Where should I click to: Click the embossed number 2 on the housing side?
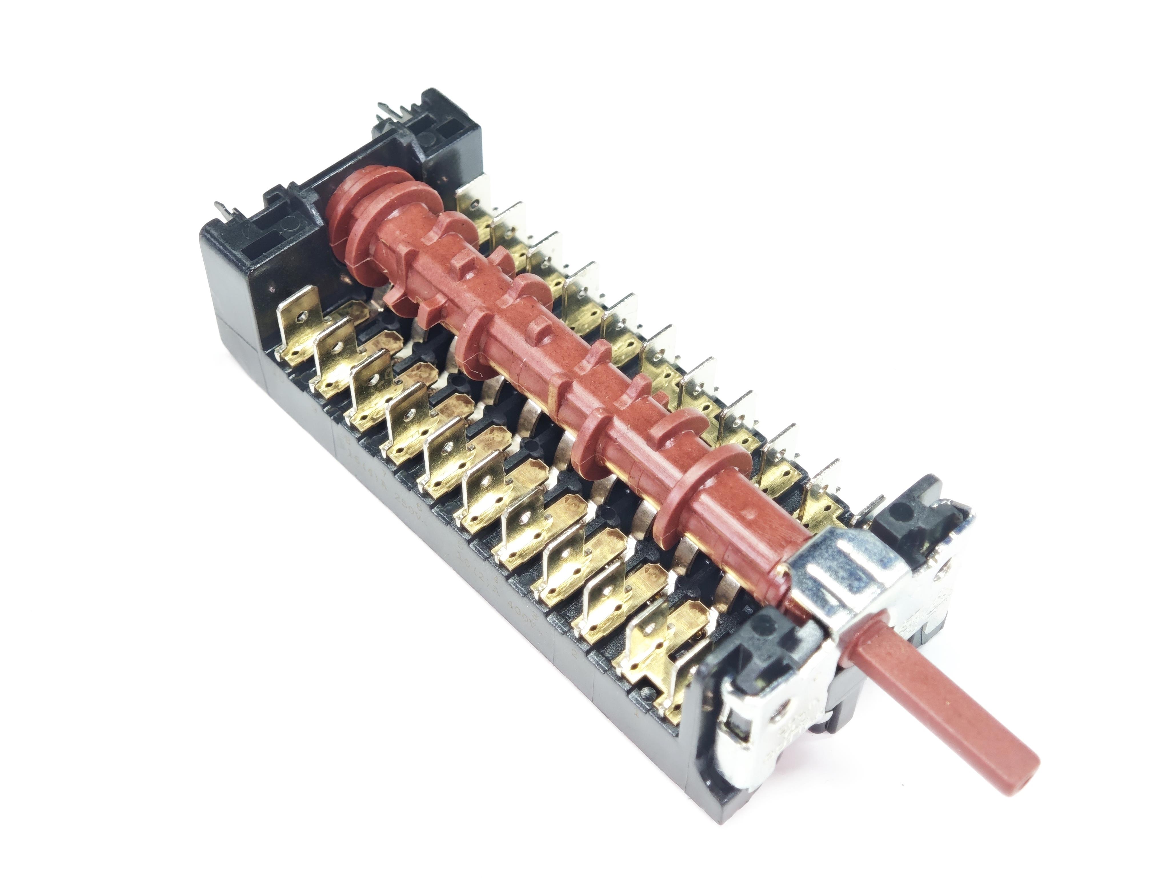click(575, 652)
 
